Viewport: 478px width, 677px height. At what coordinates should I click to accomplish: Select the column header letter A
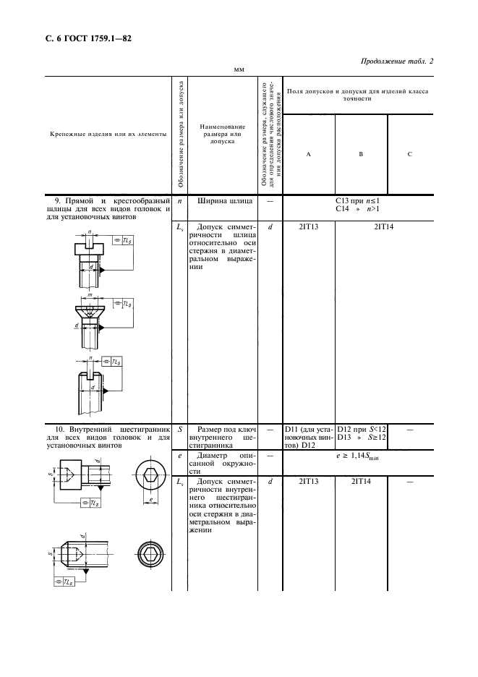tap(309, 153)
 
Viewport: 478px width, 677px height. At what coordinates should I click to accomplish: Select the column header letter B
tap(361, 153)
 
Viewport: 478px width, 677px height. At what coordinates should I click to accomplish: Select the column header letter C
tap(410, 153)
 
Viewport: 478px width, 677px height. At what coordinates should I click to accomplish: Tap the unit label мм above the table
tap(238, 70)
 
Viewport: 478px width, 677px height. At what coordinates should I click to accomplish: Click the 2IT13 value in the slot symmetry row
tap(309, 226)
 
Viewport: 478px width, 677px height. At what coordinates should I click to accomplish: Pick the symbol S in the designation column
tap(179, 429)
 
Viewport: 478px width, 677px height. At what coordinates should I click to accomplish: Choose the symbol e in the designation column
tap(179, 456)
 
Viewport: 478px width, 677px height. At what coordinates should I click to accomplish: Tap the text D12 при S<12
tap(361, 430)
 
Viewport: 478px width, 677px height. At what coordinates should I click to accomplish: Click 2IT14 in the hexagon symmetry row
tap(361, 481)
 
